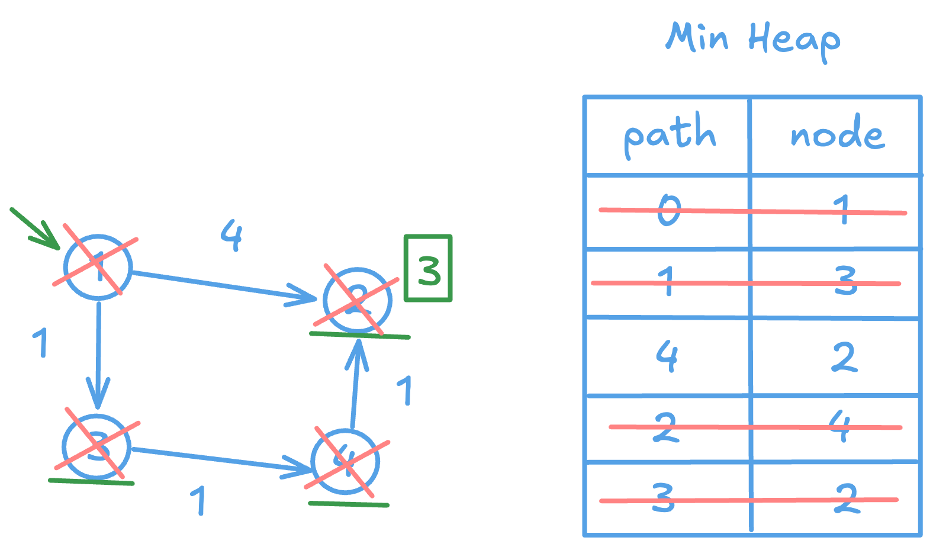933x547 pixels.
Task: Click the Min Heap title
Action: [753, 38]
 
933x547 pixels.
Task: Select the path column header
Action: [670, 135]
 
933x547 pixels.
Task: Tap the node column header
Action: [837, 135]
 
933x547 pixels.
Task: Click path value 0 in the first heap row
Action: [669, 210]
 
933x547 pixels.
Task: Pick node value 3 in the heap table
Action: [845, 281]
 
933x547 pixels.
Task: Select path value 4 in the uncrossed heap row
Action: [667, 356]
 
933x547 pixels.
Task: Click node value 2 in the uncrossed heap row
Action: [844, 357]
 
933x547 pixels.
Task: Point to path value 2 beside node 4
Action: [665, 427]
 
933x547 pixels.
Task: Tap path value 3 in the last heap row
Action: [663, 497]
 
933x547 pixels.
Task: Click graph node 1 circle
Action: [98, 267]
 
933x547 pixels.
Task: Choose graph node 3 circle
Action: [96, 447]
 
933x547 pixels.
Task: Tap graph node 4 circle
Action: [345, 462]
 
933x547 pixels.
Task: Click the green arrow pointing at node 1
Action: [34, 228]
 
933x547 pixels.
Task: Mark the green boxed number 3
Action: [428, 269]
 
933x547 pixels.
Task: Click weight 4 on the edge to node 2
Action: [231, 235]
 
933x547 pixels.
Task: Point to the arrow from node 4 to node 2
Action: [355, 385]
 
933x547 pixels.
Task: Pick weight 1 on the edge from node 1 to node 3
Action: [40, 342]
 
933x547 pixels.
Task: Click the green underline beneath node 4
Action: [349, 504]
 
